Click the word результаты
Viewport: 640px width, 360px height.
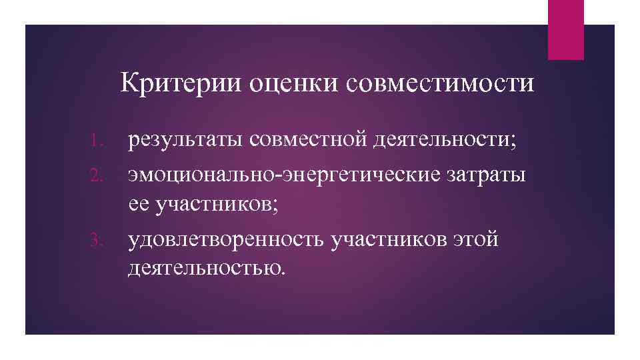coord(187,140)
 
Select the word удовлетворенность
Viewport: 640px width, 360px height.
coord(227,239)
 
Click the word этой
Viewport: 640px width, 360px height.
coord(477,239)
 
